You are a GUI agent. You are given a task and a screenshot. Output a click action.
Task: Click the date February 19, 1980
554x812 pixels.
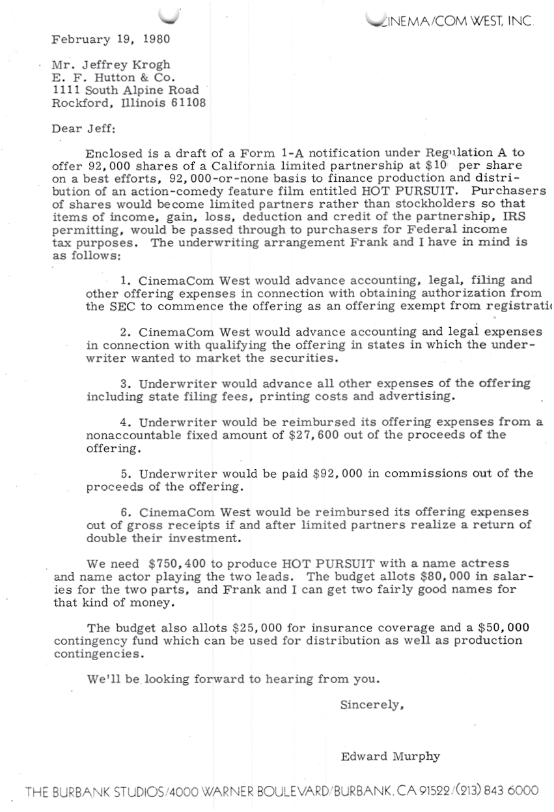click(x=111, y=39)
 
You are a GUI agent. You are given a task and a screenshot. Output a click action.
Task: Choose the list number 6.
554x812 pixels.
click(x=126, y=513)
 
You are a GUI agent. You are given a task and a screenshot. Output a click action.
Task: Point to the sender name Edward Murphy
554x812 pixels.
click(x=390, y=757)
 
